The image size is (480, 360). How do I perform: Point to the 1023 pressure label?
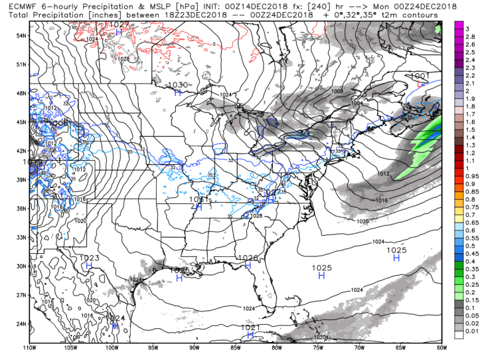pos(89,258)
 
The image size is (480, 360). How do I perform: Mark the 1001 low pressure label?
pos(419,76)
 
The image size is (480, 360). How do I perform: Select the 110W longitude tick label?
pos(28,347)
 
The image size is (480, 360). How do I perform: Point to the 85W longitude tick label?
pos(235,347)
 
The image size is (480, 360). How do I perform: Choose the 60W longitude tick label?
pos(443,347)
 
